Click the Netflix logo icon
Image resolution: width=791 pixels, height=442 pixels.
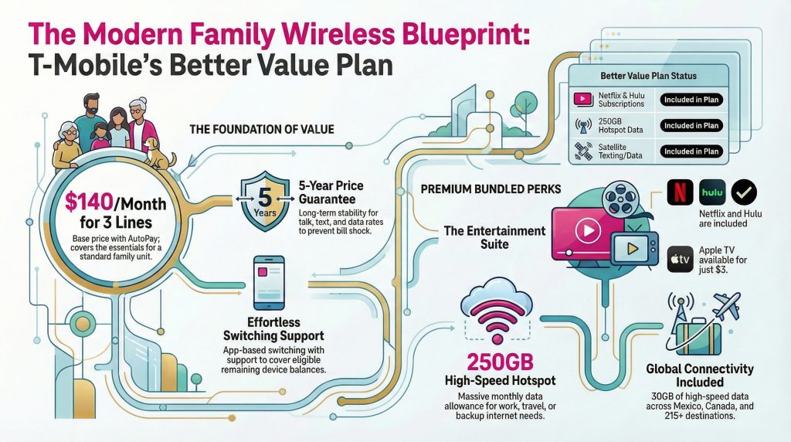click(680, 192)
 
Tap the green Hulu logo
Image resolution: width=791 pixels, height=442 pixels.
click(712, 192)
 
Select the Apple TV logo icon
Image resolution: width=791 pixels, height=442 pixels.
click(680, 260)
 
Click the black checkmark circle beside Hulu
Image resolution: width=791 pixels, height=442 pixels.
click(744, 192)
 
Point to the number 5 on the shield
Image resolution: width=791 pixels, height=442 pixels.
click(264, 196)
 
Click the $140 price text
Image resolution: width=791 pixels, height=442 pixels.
click(89, 202)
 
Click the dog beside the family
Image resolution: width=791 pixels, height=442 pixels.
click(159, 154)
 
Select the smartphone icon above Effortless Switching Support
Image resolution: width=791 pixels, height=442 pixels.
click(268, 283)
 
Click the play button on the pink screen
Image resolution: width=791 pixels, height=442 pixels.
click(588, 230)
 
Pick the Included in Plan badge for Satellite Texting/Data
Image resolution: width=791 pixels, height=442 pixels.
click(691, 151)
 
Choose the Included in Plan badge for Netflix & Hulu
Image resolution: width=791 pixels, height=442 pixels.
click(691, 100)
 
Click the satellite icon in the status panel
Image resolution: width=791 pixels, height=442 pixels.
click(583, 151)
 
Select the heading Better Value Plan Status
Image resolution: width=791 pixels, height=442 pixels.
click(648, 76)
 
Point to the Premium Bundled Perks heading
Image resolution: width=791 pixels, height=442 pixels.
click(491, 189)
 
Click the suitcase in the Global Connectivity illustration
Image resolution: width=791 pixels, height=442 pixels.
click(698, 338)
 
